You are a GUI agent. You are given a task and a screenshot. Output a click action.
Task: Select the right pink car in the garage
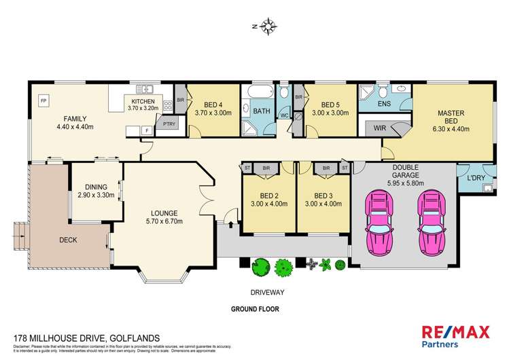tap(433, 221)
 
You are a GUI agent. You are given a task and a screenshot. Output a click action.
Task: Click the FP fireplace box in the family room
tap(43, 101)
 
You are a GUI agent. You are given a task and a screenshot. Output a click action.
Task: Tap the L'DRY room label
tap(474, 178)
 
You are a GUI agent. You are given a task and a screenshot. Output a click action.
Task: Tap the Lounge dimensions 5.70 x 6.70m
tap(163, 219)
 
